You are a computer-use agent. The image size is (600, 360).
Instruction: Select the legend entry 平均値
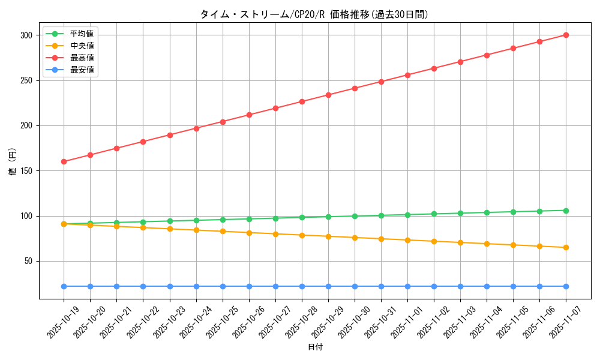(x=82, y=34)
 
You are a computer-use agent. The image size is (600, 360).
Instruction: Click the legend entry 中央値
(x=82, y=46)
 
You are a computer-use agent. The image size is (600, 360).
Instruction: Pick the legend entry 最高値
(x=82, y=58)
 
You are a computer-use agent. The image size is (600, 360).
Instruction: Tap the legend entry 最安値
(x=82, y=70)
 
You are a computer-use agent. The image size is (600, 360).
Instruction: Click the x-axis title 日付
(x=315, y=347)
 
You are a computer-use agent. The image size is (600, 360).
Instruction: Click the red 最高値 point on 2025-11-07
(x=566, y=35)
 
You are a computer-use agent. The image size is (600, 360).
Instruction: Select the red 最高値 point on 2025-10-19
(x=64, y=161)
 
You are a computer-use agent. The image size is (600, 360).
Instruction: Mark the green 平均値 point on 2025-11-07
(x=566, y=211)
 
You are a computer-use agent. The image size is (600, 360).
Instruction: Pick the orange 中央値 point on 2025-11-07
(x=566, y=247)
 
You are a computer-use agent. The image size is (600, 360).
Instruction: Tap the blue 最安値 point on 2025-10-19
(x=64, y=286)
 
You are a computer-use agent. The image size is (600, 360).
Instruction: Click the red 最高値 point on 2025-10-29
(x=328, y=95)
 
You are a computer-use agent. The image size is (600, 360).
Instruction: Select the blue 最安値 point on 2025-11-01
(x=407, y=286)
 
